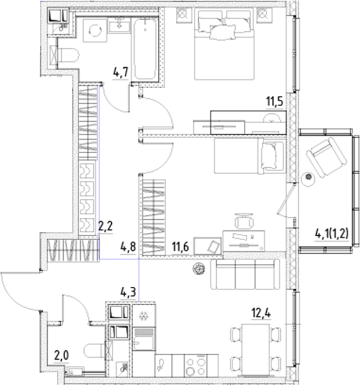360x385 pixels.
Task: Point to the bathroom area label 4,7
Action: pos(121,72)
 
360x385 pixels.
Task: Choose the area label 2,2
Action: pos(106,227)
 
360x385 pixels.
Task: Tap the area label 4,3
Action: pos(128,291)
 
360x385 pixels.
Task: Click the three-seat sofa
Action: pos(244,274)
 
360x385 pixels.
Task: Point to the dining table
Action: pos(256,349)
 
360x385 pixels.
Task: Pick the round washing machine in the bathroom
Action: pos(94,33)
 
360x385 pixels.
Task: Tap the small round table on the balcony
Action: pos(307,177)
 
